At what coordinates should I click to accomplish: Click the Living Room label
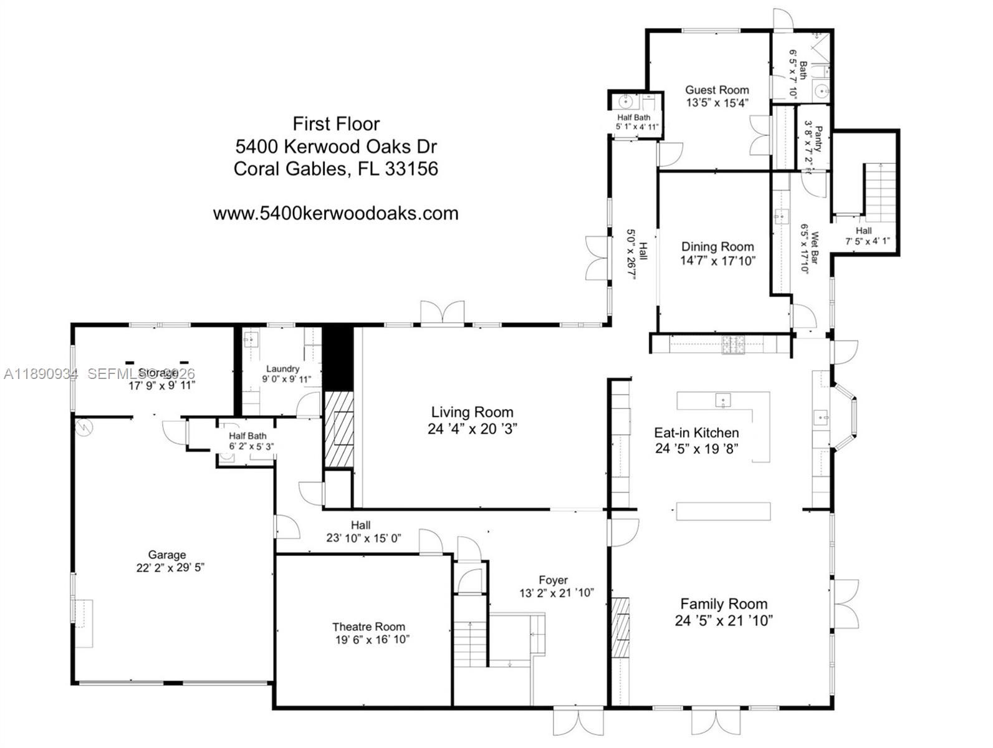pos(472,412)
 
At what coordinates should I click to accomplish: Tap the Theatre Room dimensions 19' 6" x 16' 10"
pos(372,640)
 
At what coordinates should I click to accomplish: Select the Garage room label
pos(166,555)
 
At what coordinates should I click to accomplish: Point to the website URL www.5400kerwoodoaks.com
pos(335,213)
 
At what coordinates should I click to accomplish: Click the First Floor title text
pos(336,123)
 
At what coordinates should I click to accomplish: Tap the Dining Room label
pos(717,247)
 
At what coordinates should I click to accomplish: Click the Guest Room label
pos(717,90)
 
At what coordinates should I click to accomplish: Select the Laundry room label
pos(282,369)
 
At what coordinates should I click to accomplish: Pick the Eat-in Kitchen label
pos(696,433)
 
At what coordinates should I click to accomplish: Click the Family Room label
pos(723,603)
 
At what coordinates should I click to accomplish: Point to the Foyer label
pos(553,580)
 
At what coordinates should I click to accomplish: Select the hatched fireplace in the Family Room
pos(620,626)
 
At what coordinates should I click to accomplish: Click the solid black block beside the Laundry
pos(336,358)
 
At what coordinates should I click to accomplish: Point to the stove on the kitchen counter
pos(733,344)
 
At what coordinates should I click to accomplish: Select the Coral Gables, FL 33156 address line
pos(335,169)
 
